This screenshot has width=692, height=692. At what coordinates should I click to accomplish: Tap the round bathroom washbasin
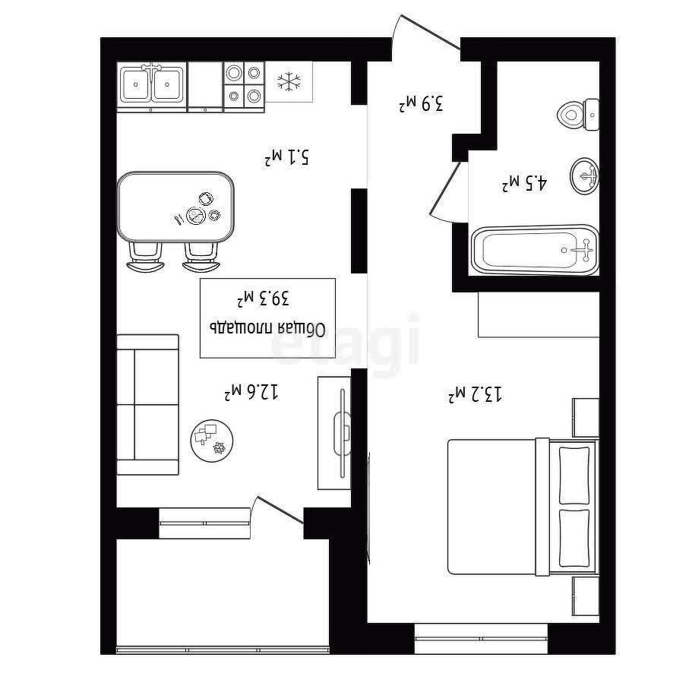click(584, 176)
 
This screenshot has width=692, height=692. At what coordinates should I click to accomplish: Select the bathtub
click(535, 250)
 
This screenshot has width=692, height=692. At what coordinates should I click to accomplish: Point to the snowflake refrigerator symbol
click(289, 81)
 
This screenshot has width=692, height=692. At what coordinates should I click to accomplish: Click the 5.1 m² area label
click(287, 157)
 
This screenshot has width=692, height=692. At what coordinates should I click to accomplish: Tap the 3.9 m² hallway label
click(421, 103)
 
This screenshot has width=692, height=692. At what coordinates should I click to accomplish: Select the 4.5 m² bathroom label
click(525, 183)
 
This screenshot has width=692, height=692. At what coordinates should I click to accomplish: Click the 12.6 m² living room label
click(251, 391)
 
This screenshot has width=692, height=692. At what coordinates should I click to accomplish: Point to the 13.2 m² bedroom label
click(476, 393)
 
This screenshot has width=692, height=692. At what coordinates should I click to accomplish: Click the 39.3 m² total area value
click(264, 299)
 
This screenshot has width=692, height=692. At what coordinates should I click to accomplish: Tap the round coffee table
click(212, 441)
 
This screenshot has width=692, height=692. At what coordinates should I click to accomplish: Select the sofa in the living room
click(148, 405)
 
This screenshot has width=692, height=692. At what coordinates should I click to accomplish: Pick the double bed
click(523, 507)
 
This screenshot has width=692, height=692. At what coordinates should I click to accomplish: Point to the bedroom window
click(481, 638)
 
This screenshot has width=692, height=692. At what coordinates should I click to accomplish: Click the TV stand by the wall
click(334, 432)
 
